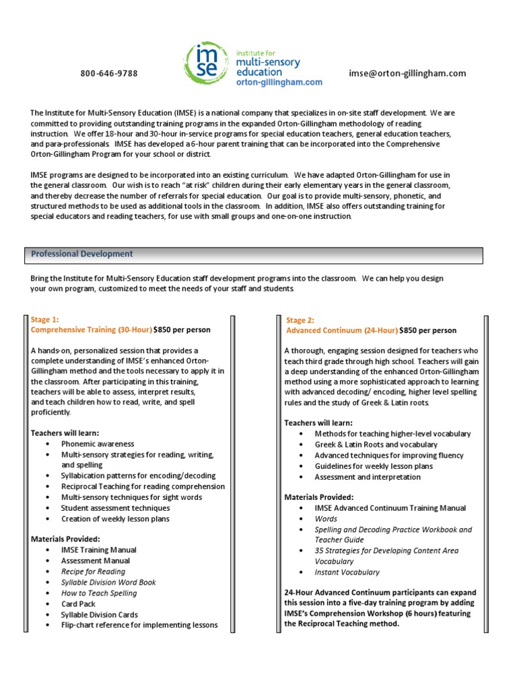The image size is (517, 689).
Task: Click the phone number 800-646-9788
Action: click(x=109, y=73)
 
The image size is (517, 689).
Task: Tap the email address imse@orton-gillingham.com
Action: click(x=407, y=73)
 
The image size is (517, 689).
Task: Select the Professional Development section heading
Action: click(x=82, y=254)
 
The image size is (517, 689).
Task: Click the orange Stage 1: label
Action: click(x=45, y=320)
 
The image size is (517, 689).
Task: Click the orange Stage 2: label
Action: click(x=300, y=320)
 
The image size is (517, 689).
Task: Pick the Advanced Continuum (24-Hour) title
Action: click(x=342, y=330)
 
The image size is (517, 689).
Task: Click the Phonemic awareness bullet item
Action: click(x=98, y=444)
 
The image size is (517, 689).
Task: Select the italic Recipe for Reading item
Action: click(x=93, y=571)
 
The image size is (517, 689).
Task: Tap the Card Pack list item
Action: click(x=79, y=604)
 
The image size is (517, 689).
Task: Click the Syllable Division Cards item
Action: click(x=99, y=614)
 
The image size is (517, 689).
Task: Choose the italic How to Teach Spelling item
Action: click(x=98, y=593)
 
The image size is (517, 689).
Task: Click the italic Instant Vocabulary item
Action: click(x=347, y=573)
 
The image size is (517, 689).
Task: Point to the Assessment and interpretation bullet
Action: click(x=368, y=477)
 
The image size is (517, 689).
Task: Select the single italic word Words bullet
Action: click(x=326, y=519)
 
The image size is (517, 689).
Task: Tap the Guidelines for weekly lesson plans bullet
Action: click(x=374, y=466)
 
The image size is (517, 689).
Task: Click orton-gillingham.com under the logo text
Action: click(x=279, y=82)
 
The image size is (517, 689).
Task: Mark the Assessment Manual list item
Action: click(x=95, y=560)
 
